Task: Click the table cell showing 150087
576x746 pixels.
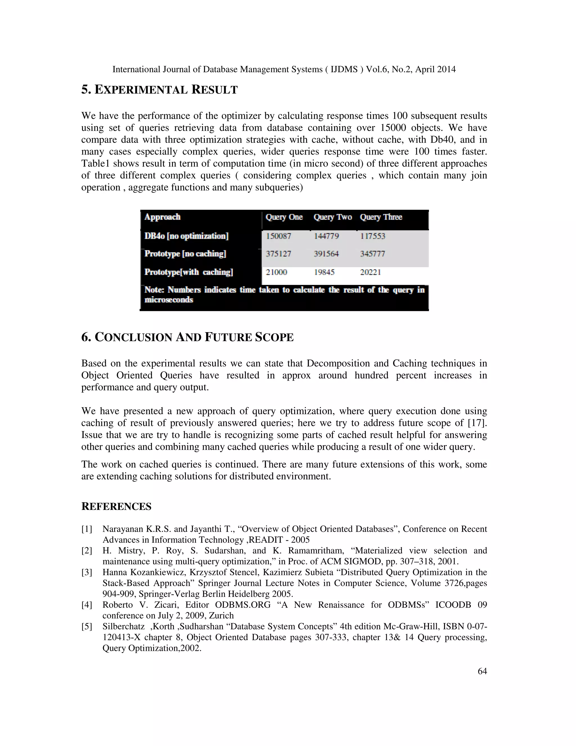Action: tap(278, 236)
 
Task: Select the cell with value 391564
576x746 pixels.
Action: tap(326, 254)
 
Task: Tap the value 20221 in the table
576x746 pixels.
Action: tap(370, 272)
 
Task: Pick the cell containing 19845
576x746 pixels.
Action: tap(324, 272)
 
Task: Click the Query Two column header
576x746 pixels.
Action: tap(333, 217)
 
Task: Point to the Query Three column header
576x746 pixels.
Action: tap(381, 217)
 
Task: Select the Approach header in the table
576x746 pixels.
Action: tap(163, 217)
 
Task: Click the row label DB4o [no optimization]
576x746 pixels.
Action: tap(186, 236)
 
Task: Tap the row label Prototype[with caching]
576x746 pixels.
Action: tap(189, 272)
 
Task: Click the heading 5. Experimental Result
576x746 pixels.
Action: tap(159, 90)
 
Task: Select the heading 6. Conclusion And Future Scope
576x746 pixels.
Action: tap(187, 337)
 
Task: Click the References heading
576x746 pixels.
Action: tap(116, 506)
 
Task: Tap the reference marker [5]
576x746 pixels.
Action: tap(87, 626)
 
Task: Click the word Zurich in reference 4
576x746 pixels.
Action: tap(222, 615)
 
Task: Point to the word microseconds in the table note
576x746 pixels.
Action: tap(169, 300)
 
